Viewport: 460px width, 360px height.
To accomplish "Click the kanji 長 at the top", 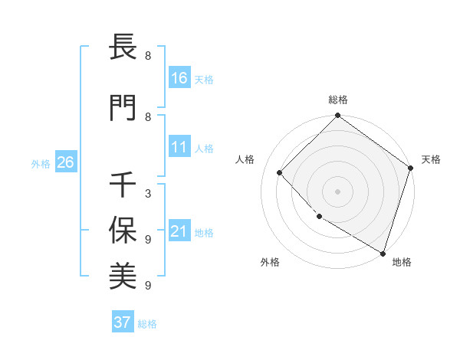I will pos(123,47).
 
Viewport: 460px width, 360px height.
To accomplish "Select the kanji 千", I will pos(123,185).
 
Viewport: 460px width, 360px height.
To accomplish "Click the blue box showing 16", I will pos(179,77).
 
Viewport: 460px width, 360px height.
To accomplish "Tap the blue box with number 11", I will pos(179,147).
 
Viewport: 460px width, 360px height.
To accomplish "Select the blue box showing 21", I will pos(179,231).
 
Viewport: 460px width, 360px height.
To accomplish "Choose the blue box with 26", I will pos(65,162).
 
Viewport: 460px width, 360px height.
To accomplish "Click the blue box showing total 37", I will pos(123,322).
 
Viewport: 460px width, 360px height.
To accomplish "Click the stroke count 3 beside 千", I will pos(148,194).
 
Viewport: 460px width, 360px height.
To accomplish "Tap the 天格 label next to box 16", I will pos(204,79).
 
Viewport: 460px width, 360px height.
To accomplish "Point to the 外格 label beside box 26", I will pos(41,163).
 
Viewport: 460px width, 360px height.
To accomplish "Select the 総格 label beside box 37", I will pos(147,324).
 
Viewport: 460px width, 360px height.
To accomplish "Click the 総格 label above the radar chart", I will pos(338,100).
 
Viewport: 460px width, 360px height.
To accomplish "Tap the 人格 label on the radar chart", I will pos(245,159).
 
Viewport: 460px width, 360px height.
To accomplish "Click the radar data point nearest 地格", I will pos(383,253).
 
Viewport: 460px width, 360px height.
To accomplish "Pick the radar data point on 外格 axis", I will pos(319,217).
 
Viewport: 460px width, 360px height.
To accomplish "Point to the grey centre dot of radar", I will pos(337,191).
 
